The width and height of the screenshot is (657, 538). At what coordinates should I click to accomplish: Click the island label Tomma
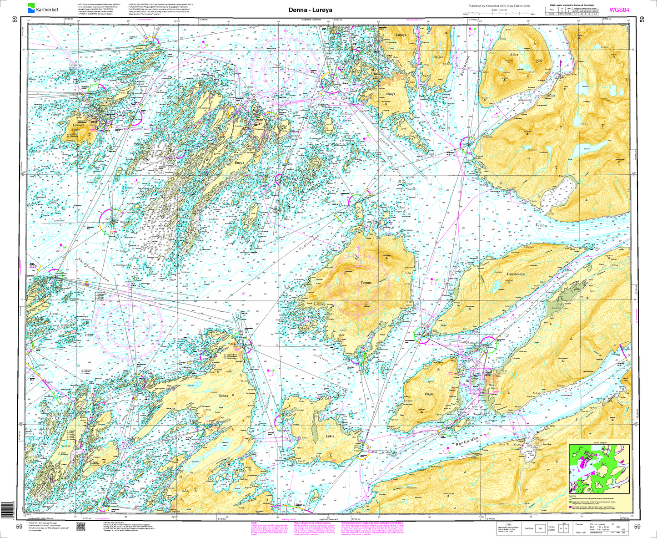click(x=366, y=283)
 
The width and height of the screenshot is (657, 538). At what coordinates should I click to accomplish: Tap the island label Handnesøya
click(x=516, y=274)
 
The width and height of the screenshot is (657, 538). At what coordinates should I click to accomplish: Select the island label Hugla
click(x=429, y=394)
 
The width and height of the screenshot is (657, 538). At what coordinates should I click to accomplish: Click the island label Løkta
click(x=330, y=436)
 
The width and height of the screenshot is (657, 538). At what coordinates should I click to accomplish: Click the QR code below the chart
click(x=80, y=527)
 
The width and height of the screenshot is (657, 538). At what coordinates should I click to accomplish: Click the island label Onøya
click(x=390, y=94)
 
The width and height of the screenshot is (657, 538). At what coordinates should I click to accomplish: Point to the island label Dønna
click(x=223, y=396)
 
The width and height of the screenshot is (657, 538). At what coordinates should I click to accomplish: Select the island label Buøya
click(x=239, y=162)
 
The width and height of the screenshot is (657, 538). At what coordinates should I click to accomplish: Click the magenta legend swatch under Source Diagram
click(x=571, y=507)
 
